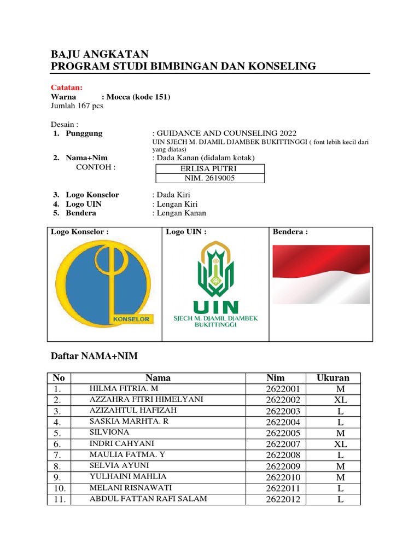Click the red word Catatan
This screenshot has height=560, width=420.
coord(67,87)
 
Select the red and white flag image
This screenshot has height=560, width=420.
coord(321,275)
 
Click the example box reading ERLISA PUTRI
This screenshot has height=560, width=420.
coord(210,169)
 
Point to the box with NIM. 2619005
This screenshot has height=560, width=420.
coord(210,178)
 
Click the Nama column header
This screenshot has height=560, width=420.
coord(158,378)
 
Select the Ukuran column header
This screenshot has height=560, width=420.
coord(332,378)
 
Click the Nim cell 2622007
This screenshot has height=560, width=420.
coord(283,444)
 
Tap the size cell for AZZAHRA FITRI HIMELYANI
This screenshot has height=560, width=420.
coord(340,400)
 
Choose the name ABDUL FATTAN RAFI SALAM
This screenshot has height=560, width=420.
coord(148,498)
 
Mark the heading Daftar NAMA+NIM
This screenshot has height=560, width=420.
coord(94,357)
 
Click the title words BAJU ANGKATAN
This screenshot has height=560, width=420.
coord(100,54)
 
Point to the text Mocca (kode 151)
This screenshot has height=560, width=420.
coord(138,97)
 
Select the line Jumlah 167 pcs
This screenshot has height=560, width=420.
coord(77,106)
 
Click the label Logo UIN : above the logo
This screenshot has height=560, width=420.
coord(186,232)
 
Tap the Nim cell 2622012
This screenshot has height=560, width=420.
coord(283,499)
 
